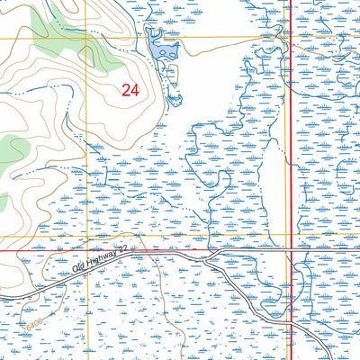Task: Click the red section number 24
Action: [130, 89]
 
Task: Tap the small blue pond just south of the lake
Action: [176, 96]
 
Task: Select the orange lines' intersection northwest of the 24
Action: [86, 38]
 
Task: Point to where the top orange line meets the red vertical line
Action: [291, 38]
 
